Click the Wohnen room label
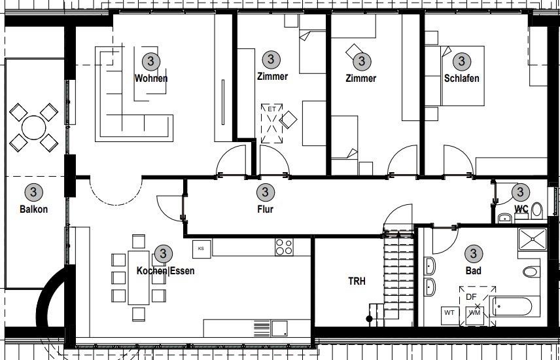click(x=151, y=79)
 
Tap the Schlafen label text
click(x=461, y=79)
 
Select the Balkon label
click(x=33, y=209)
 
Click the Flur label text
click(x=265, y=209)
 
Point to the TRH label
click(x=357, y=281)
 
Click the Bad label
click(x=473, y=270)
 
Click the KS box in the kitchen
click(x=201, y=248)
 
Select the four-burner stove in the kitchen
click(x=284, y=247)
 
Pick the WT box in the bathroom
click(x=450, y=313)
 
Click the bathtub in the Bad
click(x=516, y=306)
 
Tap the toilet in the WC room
click(x=537, y=210)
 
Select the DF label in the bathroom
click(x=471, y=297)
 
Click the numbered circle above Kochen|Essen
click(x=163, y=253)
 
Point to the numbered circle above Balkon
click(x=33, y=192)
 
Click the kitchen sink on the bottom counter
click(x=279, y=327)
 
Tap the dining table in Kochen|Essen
click(x=138, y=277)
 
